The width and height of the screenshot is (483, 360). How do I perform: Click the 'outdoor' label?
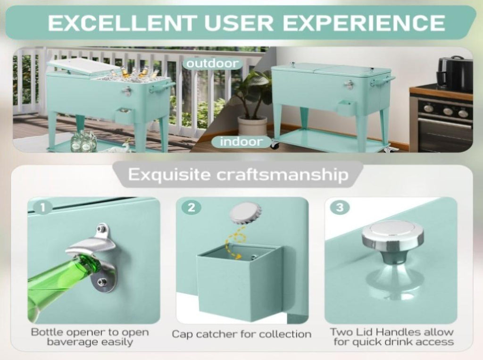(213, 64)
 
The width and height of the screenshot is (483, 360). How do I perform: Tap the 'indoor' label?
(241, 142)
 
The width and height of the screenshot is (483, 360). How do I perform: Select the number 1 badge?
(43, 207)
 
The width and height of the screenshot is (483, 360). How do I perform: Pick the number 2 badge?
(191, 207)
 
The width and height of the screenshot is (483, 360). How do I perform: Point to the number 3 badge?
(340, 207)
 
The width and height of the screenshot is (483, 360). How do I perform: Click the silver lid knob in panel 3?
(392, 243)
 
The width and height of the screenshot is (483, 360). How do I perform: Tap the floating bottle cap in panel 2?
(245, 213)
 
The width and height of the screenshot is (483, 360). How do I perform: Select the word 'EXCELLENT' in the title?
(122, 23)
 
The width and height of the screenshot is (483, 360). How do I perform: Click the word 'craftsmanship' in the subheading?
(283, 175)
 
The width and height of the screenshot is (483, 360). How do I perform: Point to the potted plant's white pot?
(252, 126)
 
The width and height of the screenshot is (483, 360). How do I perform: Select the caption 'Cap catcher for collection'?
(241, 334)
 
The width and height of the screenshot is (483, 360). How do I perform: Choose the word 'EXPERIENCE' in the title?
(364, 23)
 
